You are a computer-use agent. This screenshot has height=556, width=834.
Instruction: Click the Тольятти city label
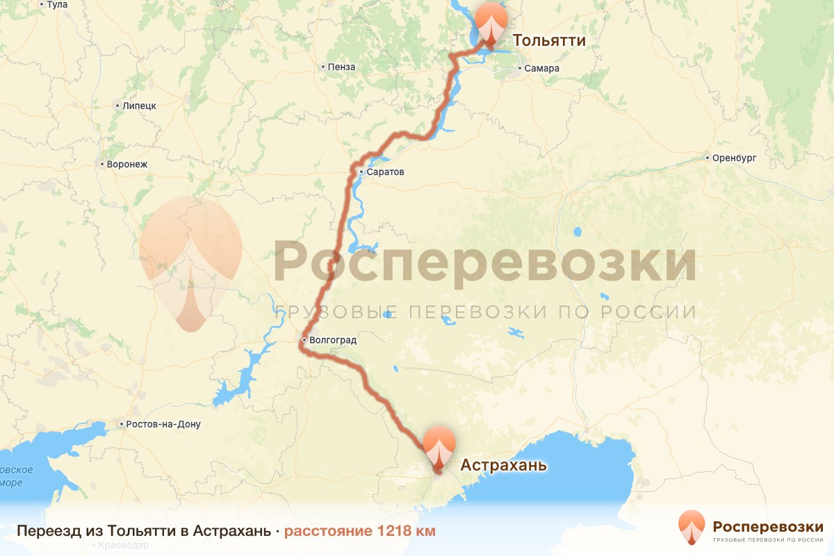click(x=549, y=41)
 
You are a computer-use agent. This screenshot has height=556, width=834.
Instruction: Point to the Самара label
click(x=542, y=68)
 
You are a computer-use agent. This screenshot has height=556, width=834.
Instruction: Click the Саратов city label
click(x=386, y=172)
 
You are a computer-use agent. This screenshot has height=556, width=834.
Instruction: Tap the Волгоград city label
click(x=332, y=341)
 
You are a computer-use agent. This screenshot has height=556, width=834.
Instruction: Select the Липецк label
click(x=139, y=106)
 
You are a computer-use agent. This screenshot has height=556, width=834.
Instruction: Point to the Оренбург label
click(x=734, y=158)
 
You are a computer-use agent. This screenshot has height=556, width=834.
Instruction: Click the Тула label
click(x=57, y=5)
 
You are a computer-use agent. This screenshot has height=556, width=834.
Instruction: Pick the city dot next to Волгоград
click(x=304, y=341)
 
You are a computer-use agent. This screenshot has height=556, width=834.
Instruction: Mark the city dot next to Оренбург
click(x=707, y=158)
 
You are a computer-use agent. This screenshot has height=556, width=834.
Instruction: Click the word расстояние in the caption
click(x=328, y=532)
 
